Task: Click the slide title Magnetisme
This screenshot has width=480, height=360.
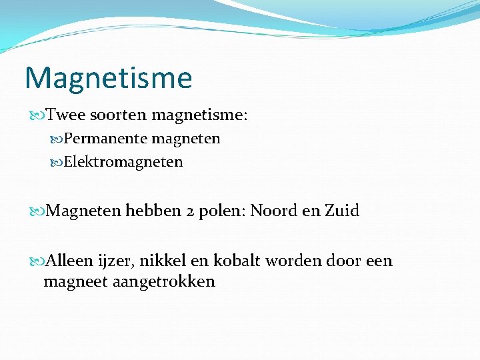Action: [108, 78]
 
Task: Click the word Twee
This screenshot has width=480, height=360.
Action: [66, 115]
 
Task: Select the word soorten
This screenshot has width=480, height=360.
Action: [119, 115]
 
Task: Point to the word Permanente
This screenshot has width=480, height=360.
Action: [106, 139]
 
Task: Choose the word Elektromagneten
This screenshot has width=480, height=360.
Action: [123, 162]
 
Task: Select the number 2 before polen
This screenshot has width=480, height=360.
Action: [191, 211]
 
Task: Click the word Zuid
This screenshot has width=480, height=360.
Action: [342, 211]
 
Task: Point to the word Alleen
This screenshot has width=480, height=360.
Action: [71, 261]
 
